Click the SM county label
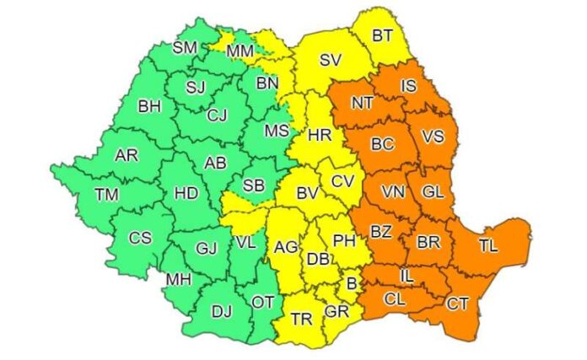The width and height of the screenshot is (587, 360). [185, 48]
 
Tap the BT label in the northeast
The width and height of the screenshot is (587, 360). [382, 35]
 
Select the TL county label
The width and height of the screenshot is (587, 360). [487, 246]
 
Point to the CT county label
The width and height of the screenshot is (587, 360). [457, 303]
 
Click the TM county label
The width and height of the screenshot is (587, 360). [106, 195]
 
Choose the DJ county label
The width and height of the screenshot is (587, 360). [221, 312]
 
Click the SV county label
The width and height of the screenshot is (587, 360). [331, 61]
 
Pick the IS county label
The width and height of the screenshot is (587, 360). [408, 85]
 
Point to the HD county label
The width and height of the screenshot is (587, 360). [186, 193]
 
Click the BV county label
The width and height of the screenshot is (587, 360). [307, 194]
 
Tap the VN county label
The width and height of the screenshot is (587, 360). [393, 192]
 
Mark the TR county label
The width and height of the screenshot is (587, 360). [301, 320]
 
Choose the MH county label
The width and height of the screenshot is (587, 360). [178, 279]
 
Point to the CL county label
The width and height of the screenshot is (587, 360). [395, 298]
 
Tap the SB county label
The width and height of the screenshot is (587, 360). [252, 185]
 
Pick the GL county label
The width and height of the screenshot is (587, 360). [433, 192]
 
